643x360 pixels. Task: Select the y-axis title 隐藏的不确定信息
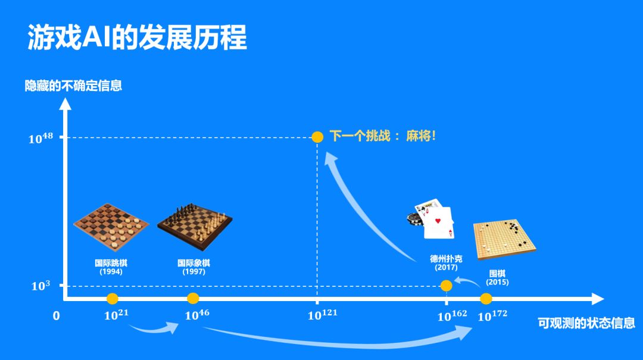click(x=73, y=86)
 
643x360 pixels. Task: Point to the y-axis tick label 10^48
click(x=41, y=138)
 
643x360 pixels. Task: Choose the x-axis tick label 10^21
click(x=116, y=315)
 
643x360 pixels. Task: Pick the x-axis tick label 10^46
click(x=197, y=315)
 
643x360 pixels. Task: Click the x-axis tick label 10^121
click(x=322, y=315)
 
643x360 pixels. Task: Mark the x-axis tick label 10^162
click(x=452, y=315)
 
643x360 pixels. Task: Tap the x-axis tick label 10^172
click(x=493, y=315)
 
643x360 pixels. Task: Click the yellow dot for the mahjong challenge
click(x=317, y=137)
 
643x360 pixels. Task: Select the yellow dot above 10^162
click(x=446, y=286)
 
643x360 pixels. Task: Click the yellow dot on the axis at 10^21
click(x=113, y=298)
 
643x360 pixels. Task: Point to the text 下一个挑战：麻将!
click(x=383, y=136)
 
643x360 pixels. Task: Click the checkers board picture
click(x=111, y=227)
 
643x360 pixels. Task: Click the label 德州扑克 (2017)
click(x=446, y=263)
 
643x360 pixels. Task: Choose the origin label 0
click(x=57, y=316)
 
